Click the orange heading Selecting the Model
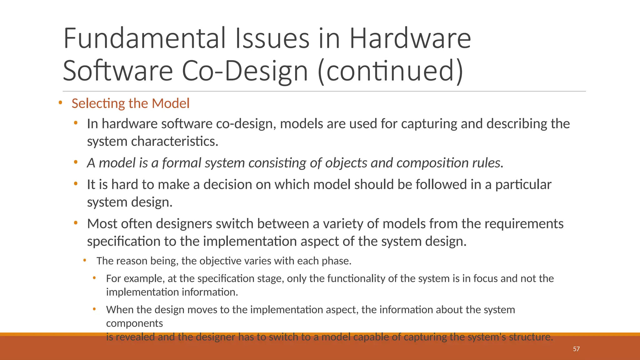[130, 103]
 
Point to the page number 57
[576, 349]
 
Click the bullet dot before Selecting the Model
[60, 102]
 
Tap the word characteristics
[174, 141]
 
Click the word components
[134, 323]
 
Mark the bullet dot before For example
[94, 277]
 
